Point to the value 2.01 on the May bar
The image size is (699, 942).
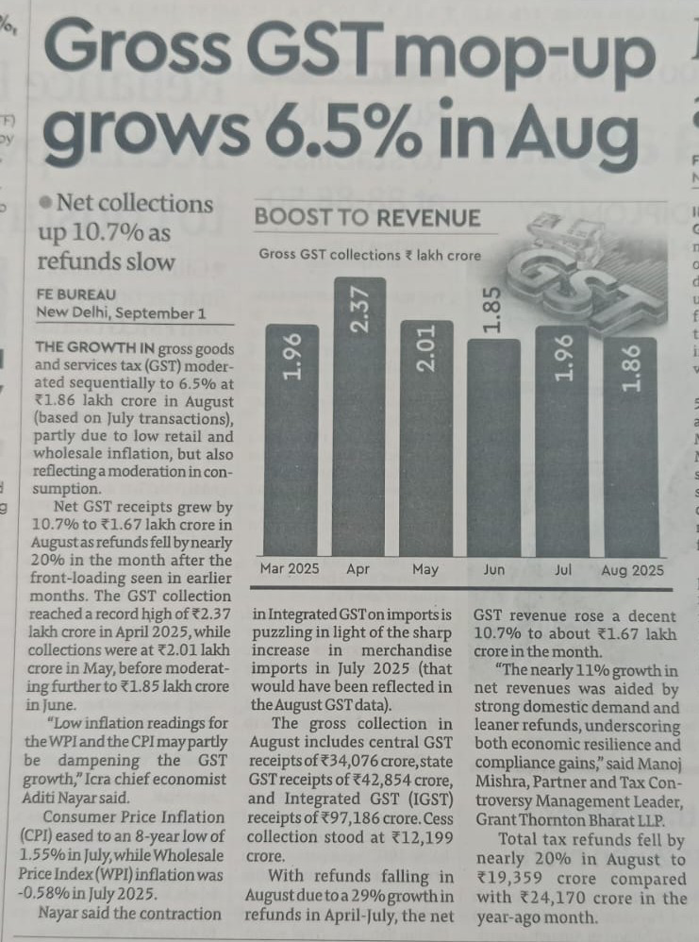tap(426, 349)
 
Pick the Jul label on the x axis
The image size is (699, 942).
tap(563, 570)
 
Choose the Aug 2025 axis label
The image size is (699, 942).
tap(632, 570)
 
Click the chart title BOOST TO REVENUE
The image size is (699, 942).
tap(368, 218)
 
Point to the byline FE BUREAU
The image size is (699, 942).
tap(77, 294)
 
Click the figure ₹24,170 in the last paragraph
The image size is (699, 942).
tap(553, 897)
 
